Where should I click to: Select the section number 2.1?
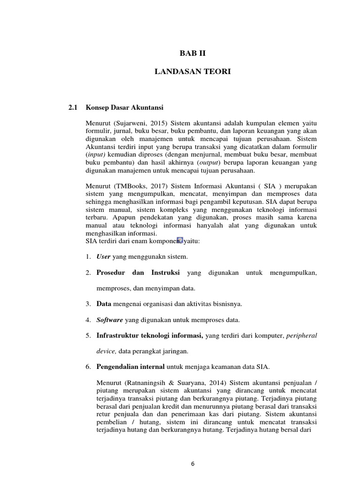coord(72,107)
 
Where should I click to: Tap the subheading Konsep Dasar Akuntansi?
coord(124,107)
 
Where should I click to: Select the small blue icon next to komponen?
coord(180,240)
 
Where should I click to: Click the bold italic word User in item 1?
coord(104,256)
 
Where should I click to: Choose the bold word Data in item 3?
coord(104,304)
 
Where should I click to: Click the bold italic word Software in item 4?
coord(110,320)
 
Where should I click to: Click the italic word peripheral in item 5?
coord(301,336)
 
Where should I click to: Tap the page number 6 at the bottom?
coord(193,464)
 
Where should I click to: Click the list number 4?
coord(88,320)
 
